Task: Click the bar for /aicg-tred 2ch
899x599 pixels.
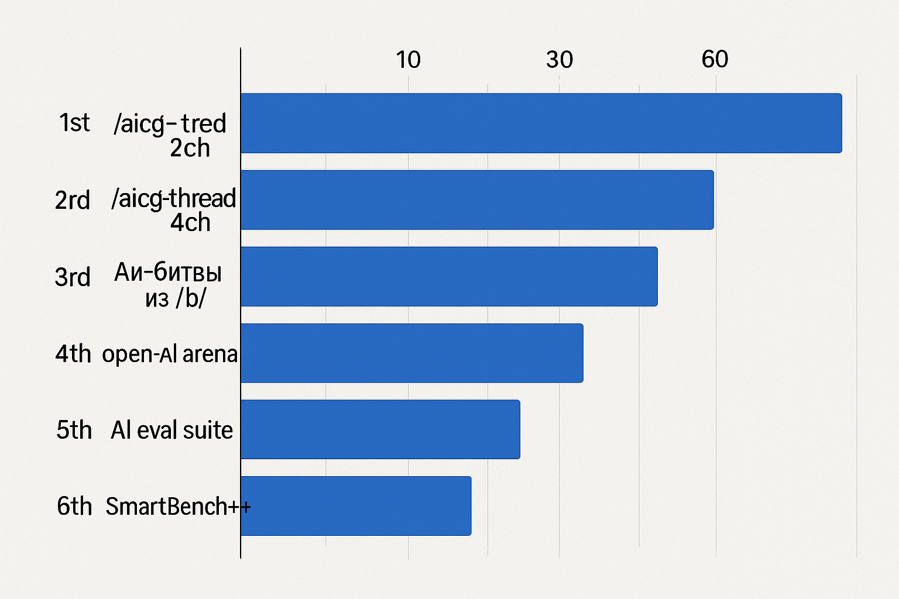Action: [541, 123]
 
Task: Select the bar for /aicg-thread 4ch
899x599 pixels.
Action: [477, 199]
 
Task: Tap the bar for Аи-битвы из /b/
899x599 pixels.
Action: [449, 276]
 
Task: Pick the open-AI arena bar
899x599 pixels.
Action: [411, 353]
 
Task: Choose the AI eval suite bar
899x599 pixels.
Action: [380, 429]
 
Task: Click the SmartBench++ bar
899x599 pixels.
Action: [356, 505]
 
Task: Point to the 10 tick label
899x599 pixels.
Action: [408, 60]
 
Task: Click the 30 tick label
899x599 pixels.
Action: [560, 60]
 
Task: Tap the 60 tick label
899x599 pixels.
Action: [715, 59]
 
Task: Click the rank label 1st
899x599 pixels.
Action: [74, 123]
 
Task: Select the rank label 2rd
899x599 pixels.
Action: [73, 200]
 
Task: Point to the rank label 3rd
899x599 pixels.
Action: [73, 277]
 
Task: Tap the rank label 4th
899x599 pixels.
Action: [73, 354]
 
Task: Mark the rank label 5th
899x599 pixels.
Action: [74, 430]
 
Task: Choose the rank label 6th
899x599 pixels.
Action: [74, 506]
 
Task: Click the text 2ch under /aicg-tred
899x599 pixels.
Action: [190, 148]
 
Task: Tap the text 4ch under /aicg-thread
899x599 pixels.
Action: [190, 223]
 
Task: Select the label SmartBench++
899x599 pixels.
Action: [178, 506]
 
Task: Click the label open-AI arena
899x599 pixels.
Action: [170, 354]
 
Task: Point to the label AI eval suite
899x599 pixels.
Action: [171, 430]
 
